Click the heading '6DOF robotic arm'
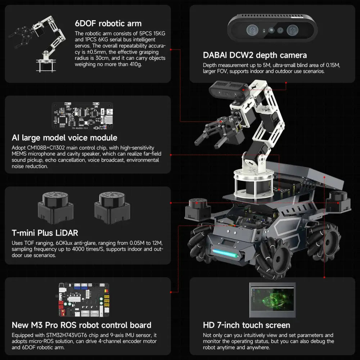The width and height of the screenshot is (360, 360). click(x=108, y=24)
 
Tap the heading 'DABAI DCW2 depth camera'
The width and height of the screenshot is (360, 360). click(x=255, y=55)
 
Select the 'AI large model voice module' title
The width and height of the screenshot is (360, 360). click(x=64, y=138)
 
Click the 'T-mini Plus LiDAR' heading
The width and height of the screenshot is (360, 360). click(x=45, y=233)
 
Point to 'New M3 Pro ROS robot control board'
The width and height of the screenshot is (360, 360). click(x=81, y=325)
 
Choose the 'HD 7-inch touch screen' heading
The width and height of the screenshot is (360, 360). click(x=247, y=325)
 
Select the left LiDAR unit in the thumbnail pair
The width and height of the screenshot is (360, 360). click(x=53, y=207)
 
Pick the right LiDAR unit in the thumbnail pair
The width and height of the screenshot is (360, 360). click(x=109, y=207)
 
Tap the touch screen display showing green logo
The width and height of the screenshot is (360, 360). click(x=272, y=300)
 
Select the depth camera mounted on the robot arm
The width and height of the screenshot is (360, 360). click(x=229, y=89)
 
